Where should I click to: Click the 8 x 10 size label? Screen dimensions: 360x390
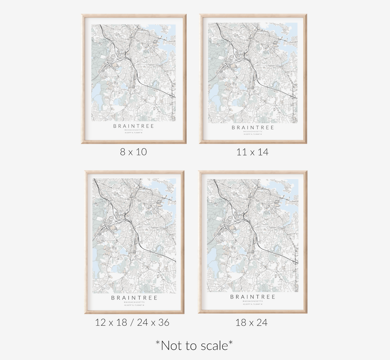coord(133,152)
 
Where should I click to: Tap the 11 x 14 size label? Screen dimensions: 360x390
coord(252,152)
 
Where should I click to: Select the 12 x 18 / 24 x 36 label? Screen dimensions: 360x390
coord(132,322)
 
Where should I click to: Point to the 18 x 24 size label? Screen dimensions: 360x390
coord(251,322)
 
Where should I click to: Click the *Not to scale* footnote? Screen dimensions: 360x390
coord(194,345)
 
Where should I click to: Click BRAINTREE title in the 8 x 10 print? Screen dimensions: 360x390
coord(134,126)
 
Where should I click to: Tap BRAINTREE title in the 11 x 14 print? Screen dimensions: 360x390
coord(253,128)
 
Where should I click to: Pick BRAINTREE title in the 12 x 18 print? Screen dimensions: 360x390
coord(134,298)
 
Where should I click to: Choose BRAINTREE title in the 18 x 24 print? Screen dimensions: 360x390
coord(253,297)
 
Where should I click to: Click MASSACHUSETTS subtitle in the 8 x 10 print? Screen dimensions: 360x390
coord(134,130)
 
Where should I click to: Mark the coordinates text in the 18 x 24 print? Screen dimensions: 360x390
coord(253,304)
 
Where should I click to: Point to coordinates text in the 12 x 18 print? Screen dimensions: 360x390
coord(134,305)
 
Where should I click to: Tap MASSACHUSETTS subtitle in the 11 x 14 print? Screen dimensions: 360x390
coord(253,131)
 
